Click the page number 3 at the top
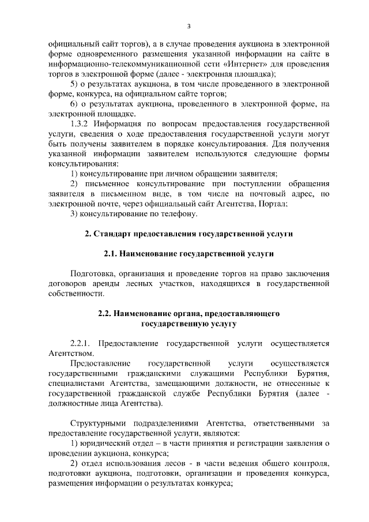(x=189, y=26)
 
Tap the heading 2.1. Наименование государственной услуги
(x=189, y=254)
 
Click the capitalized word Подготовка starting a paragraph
(x=95, y=274)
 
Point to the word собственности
(x=78, y=294)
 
